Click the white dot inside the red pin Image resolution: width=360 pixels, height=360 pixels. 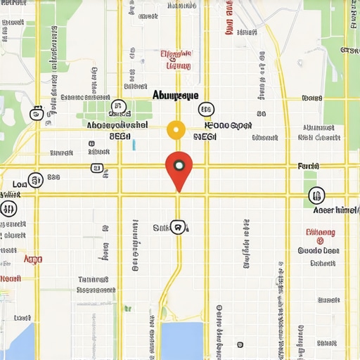(179, 166)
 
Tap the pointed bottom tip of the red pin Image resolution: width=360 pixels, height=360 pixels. (179, 191)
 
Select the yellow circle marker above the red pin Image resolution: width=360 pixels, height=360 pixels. (176, 130)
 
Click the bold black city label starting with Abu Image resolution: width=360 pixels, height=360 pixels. (176, 95)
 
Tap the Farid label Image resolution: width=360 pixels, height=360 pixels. (309, 167)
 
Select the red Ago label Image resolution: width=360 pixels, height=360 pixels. (33, 259)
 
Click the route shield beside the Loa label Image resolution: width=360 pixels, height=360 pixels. (34, 181)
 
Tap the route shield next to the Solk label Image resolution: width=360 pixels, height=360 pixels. (179, 227)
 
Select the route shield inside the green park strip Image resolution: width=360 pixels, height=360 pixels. (117, 106)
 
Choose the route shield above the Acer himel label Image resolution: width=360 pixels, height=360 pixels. (316, 195)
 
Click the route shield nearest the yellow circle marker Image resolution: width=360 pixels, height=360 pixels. (205, 109)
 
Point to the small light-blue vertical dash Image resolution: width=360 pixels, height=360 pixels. (134, 145)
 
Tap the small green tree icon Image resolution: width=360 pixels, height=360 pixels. (127, 309)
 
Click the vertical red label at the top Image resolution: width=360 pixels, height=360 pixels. (229, 18)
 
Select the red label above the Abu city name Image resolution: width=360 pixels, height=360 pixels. (176, 60)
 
